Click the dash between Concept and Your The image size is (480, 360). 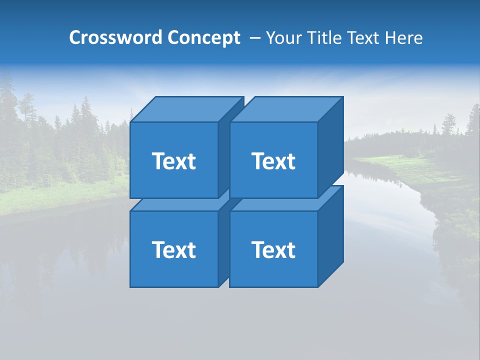pyautogui.click(x=254, y=38)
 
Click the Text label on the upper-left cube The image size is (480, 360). pyautogui.click(x=174, y=161)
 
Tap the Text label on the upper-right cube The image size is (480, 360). pyautogui.click(x=273, y=161)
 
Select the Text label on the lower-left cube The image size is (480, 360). pyautogui.click(x=174, y=249)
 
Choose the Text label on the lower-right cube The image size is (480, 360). pyautogui.click(x=273, y=249)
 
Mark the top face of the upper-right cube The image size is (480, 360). pyautogui.click(x=286, y=109)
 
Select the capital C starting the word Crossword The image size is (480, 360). pyautogui.click(x=75, y=38)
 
